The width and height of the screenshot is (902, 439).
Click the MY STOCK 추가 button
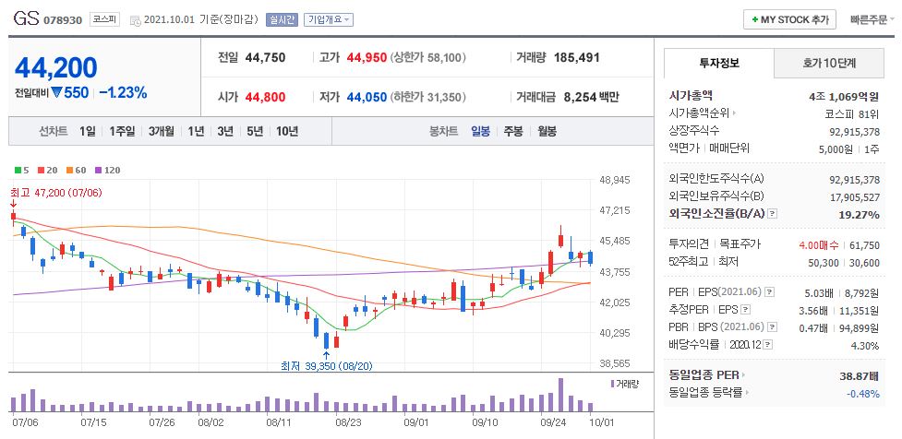coord(789,19)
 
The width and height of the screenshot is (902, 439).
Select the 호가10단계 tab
coord(828,64)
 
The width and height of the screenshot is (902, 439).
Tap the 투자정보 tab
coord(719,64)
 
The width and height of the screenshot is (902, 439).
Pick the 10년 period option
coord(286,131)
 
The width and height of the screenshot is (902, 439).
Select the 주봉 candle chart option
coord(512,131)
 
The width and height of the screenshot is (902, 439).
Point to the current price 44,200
coord(56,67)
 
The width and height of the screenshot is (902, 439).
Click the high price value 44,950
coord(367,57)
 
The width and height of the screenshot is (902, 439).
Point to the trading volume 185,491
coord(576,57)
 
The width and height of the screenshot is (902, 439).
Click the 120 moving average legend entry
coord(109,171)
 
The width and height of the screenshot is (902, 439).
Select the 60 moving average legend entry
coord(77,171)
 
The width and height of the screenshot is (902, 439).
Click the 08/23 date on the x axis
coord(348,422)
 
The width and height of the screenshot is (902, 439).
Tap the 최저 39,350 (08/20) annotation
coord(326,365)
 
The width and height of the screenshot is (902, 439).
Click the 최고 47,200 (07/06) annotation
coord(54,192)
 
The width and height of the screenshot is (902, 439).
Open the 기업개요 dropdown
coord(328,19)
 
